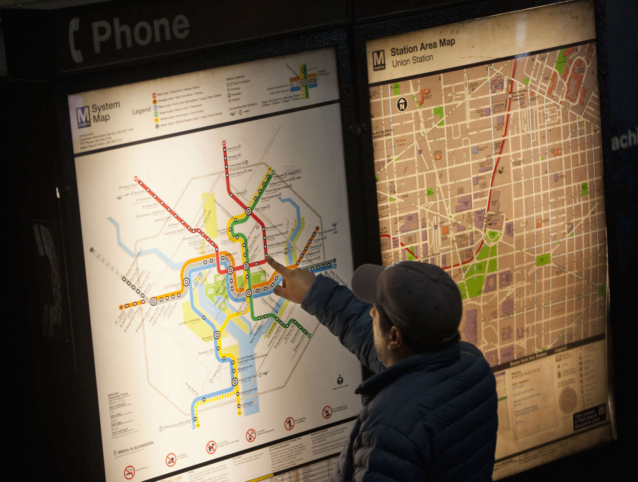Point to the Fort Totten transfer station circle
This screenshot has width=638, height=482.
coord(249,211)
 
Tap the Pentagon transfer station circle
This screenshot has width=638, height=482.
coord(217,334)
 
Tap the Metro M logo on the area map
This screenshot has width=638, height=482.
coord(379,61)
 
